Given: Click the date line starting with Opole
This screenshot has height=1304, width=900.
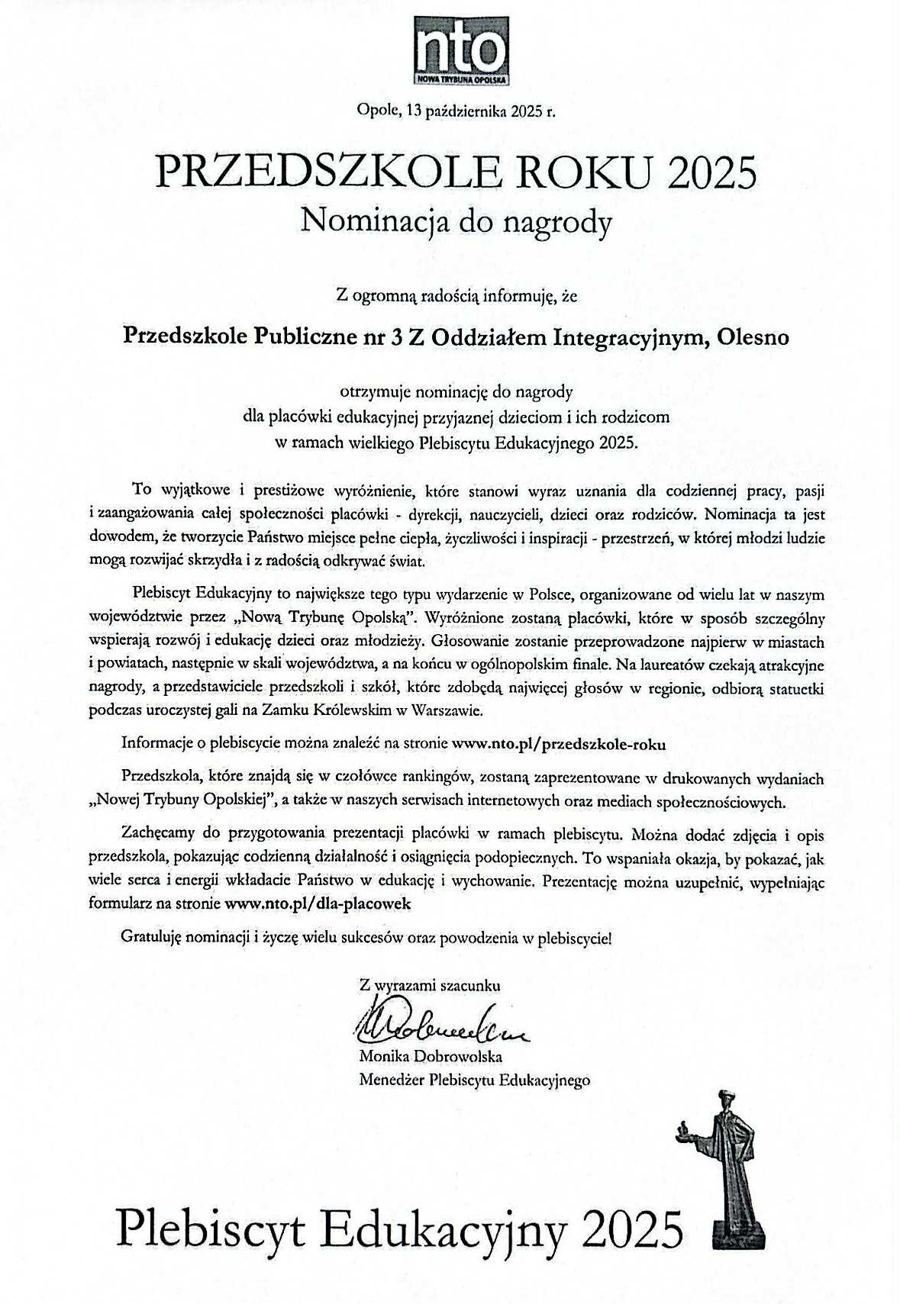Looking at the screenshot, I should coord(456,111).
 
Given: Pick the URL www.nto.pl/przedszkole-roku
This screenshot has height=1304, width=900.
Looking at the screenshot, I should coord(559,743).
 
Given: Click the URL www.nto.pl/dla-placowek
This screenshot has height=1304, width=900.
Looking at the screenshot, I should coord(318,903).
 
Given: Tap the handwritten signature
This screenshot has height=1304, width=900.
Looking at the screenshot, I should coord(435,1027).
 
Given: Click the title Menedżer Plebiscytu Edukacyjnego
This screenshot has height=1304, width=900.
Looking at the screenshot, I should coord(473,1080).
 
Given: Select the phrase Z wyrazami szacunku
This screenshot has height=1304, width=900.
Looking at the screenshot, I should coord(430,985).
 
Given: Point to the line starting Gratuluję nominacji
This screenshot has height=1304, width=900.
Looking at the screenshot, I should coord(366,938).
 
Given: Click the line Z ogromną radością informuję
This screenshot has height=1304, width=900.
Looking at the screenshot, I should coord(456,295).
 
